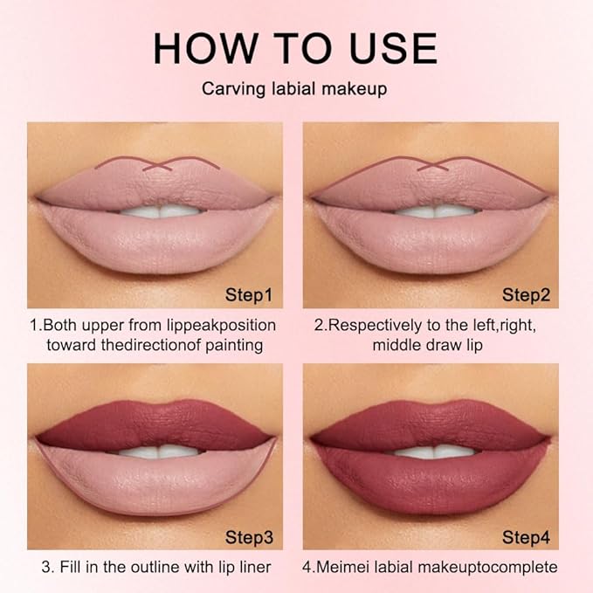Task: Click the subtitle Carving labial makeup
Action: pyautogui.click(x=296, y=89)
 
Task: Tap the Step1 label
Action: pyautogui.click(x=249, y=295)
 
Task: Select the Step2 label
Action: pyautogui.click(x=526, y=295)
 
